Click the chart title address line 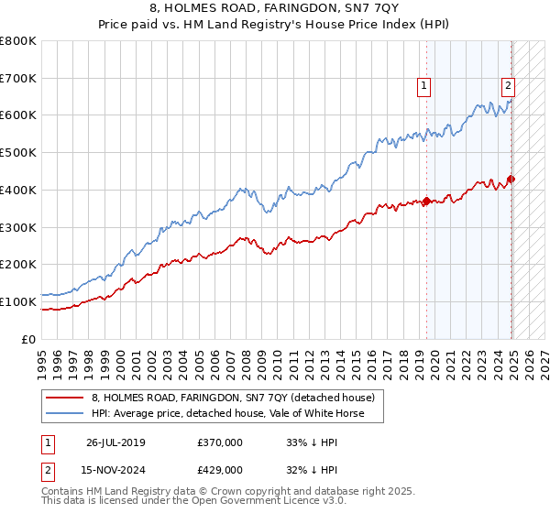click(x=275, y=8)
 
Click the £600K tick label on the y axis click(x=18, y=115)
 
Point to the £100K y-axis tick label click(x=18, y=301)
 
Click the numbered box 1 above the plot click(x=425, y=87)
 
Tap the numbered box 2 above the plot click(x=508, y=87)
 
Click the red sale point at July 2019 click(x=426, y=202)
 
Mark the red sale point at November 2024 click(x=511, y=179)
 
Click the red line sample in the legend click(x=65, y=398)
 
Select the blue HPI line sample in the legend click(x=65, y=413)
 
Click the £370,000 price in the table click(x=220, y=442)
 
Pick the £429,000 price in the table click(x=220, y=469)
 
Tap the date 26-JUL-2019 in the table click(x=115, y=442)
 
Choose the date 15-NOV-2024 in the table click(x=115, y=469)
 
